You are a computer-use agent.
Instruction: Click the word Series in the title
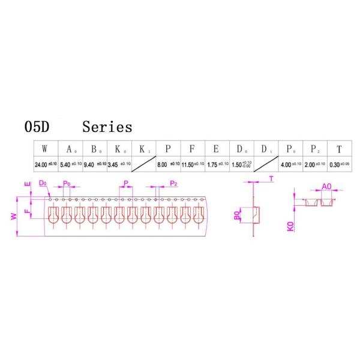point(107,128)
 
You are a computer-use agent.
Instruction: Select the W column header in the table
point(46,149)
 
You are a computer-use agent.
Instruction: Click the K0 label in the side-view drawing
point(290,227)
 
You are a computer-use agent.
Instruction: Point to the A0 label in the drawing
point(326,188)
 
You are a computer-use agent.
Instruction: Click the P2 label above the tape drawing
point(173,183)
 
